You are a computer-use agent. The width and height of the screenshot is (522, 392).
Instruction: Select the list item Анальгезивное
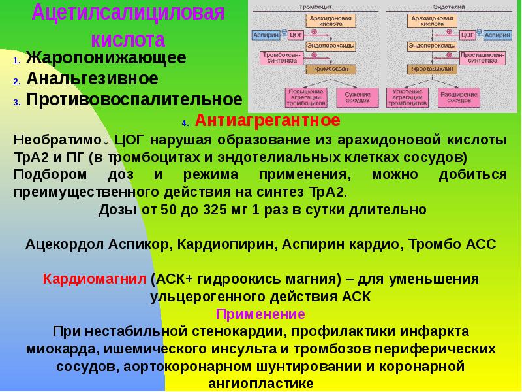pos(93,79)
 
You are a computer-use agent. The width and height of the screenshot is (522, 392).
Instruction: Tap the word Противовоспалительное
pos(135,100)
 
